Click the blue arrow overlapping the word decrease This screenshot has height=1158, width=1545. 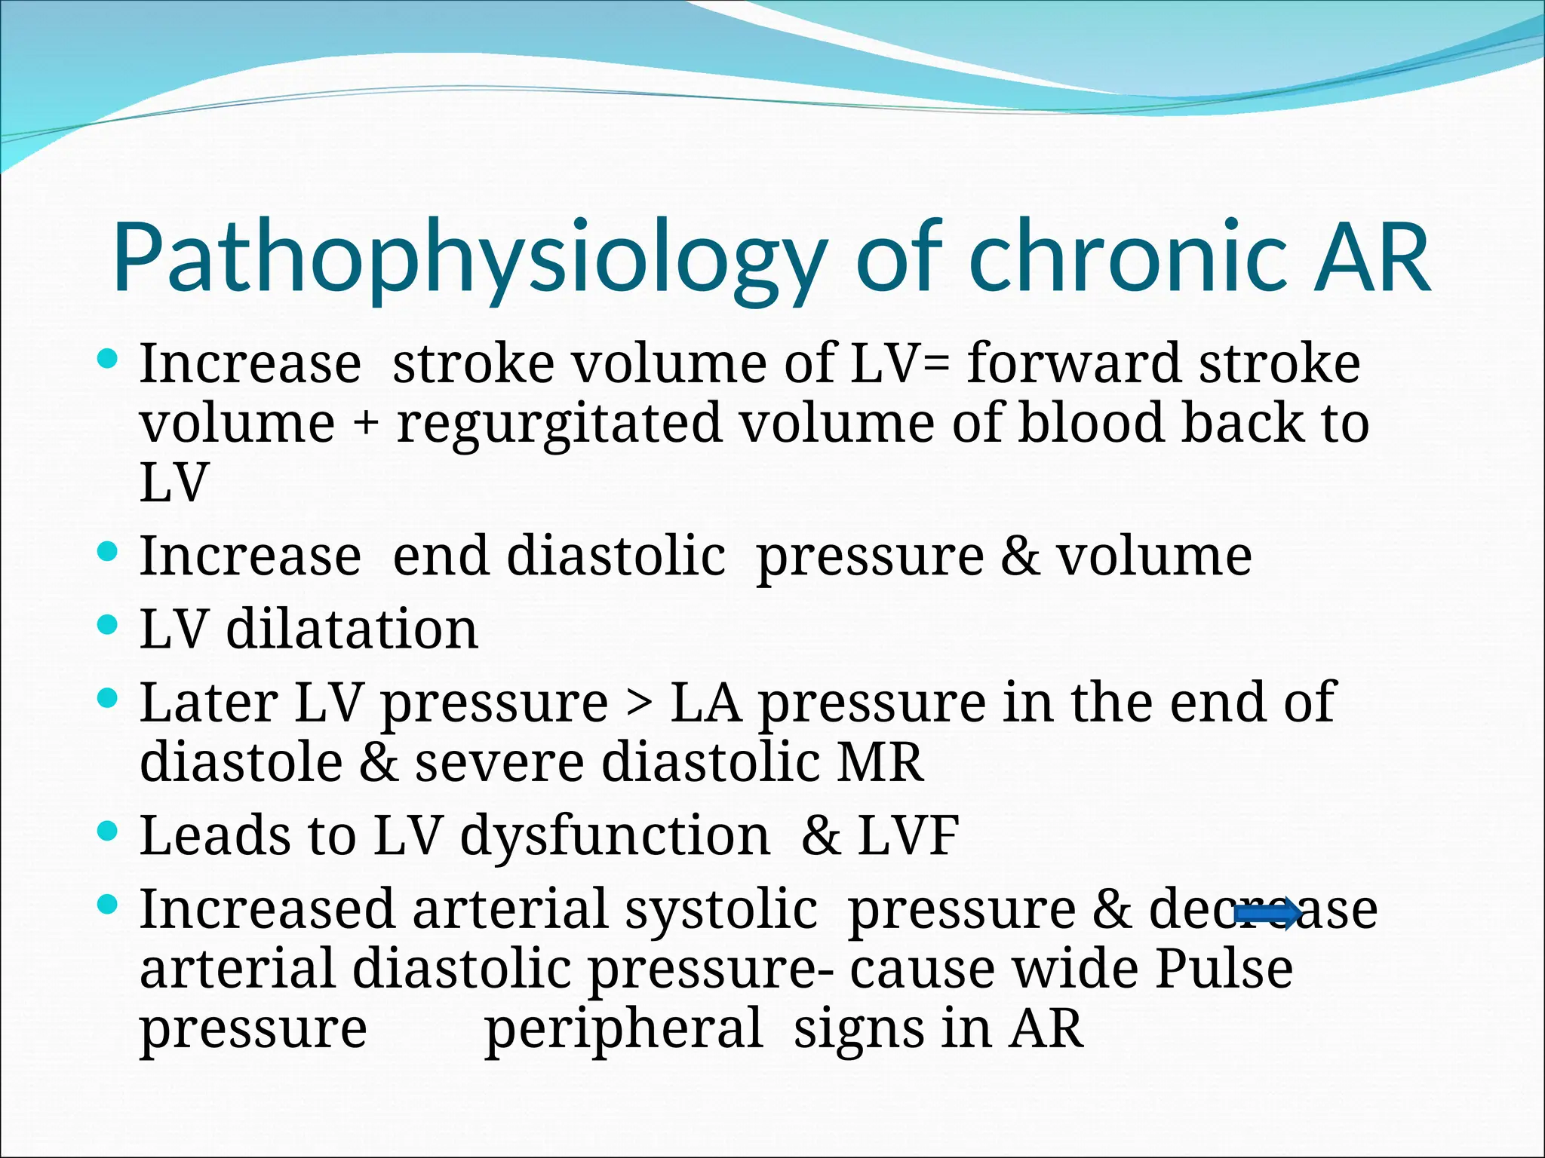tap(1268, 914)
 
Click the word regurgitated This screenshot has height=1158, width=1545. tap(559, 424)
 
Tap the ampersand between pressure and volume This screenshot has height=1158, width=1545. tap(1020, 556)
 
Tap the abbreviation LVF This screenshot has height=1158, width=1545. tap(908, 835)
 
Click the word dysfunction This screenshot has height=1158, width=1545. tap(615, 837)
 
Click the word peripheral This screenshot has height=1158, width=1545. tap(623, 1030)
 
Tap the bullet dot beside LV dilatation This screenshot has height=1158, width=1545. tap(109, 624)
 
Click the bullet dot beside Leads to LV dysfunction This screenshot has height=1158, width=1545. tap(109, 831)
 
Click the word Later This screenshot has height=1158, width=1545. tap(209, 703)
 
